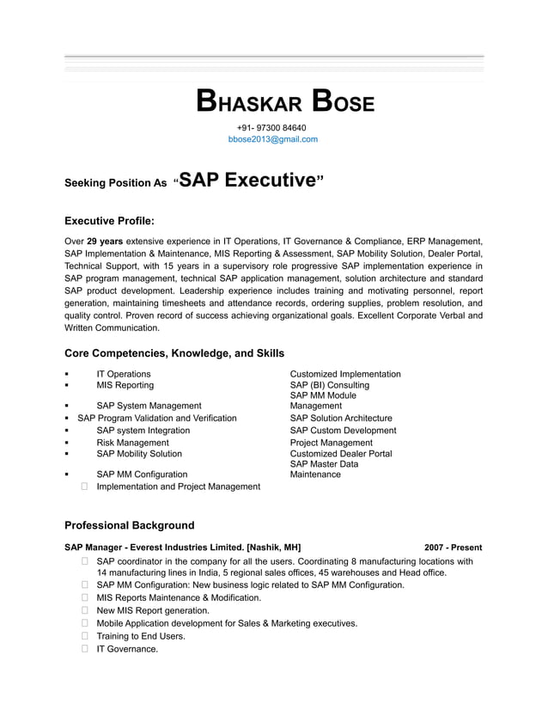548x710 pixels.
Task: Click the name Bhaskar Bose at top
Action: click(285, 101)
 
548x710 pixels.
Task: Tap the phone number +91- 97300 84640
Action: click(271, 128)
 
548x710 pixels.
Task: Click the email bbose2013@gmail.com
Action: click(273, 139)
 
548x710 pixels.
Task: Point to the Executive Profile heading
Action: click(109, 221)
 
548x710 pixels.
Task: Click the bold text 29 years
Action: click(105, 242)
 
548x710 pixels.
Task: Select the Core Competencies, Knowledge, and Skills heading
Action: click(174, 353)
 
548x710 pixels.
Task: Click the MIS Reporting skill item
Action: click(125, 385)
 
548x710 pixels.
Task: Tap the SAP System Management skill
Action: click(149, 406)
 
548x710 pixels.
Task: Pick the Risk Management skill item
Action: click(132, 443)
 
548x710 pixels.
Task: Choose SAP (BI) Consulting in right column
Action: click(330, 385)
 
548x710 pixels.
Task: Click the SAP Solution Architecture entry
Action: click(341, 418)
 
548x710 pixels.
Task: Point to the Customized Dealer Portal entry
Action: click(341, 454)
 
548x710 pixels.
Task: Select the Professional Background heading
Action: click(130, 525)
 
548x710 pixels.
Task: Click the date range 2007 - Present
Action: click(453, 548)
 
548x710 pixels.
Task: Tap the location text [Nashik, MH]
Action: click(274, 548)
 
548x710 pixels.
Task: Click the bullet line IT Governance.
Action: click(127, 649)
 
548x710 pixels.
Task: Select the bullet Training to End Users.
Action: click(141, 636)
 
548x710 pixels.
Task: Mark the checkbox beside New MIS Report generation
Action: click(86, 610)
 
